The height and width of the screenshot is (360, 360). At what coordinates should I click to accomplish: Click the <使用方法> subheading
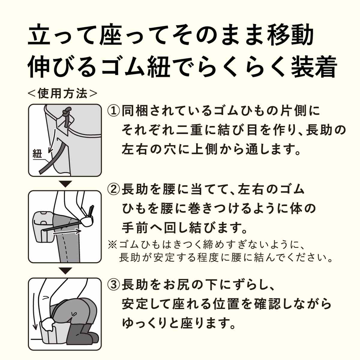[62, 93]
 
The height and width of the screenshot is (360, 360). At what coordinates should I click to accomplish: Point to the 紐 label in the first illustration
[37, 154]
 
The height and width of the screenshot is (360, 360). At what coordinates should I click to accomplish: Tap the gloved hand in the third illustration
[48, 325]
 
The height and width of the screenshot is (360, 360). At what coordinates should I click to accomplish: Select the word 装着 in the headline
[314, 67]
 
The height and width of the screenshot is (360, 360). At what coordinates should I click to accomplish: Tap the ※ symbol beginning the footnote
[113, 244]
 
